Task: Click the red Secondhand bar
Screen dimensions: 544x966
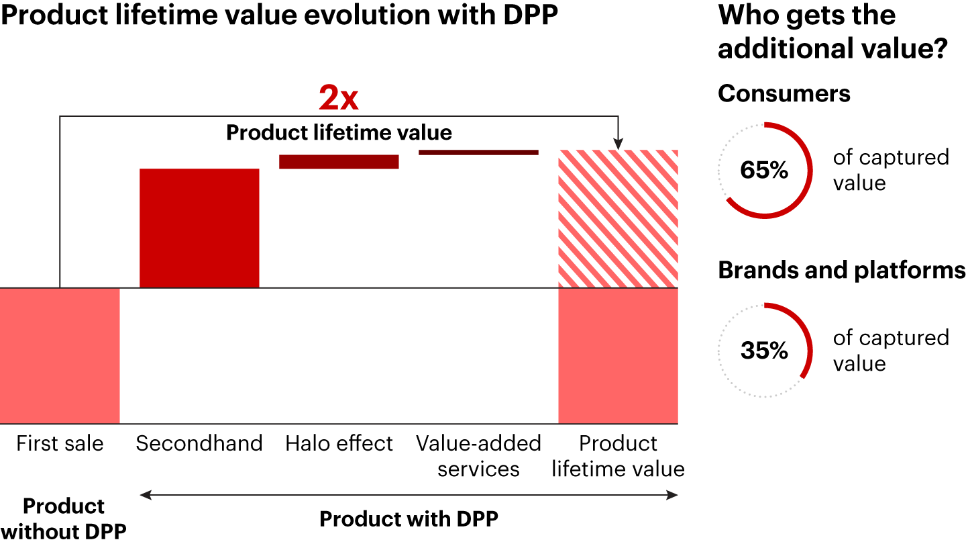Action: (x=199, y=228)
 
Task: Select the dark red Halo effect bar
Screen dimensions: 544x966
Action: (x=339, y=162)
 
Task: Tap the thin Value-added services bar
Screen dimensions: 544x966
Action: (x=478, y=152)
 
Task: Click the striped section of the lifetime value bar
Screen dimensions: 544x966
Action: (x=618, y=219)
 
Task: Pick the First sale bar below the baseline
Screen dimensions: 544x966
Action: (x=60, y=356)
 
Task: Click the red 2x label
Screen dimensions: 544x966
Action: (x=339, y=99)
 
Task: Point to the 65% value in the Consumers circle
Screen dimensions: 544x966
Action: (x=764, y=171)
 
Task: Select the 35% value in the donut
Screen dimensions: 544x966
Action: (x=764, y=351)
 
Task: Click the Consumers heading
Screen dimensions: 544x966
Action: (x=784, y=93)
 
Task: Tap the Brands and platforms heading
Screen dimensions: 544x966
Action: (x=841, y=270)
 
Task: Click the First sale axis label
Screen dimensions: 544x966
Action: (x=60, y=444)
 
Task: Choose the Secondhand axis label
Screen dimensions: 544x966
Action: (x=199, y=444)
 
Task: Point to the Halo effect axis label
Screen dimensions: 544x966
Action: (x=339, y=444)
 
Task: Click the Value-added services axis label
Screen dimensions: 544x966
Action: (x=478, y=456)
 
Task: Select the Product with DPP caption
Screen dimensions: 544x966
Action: (x=409, y=519)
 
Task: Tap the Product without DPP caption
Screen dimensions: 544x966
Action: (x=64, y=518)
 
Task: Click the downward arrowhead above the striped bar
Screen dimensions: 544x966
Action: (x=618, y=144)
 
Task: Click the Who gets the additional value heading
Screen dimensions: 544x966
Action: (x=832, y=32)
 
